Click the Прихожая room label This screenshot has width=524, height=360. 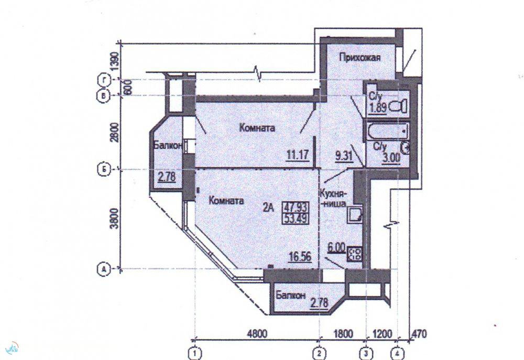point(359,58)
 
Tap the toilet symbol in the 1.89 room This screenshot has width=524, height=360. point(399,106)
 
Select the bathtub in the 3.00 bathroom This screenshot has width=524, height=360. point(388,132)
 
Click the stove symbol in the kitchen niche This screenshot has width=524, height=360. point(354,254)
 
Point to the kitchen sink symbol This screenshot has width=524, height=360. point(354,215)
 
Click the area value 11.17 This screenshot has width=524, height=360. point(297,155)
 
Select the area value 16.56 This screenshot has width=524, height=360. point(300,257)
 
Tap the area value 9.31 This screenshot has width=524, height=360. point(344,156)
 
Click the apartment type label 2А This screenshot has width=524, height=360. point(268,208)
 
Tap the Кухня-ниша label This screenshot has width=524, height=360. point(334,199)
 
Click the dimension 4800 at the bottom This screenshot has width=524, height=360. point(257,334)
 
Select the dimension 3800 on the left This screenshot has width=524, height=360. point(115,218)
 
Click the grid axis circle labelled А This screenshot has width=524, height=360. point(104,269)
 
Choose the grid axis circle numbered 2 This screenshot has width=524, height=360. point(320,353)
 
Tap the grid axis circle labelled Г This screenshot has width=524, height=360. point(104,80)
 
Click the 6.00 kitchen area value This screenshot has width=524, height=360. point(336,247)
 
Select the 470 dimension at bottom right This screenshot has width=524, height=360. point(419,334)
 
